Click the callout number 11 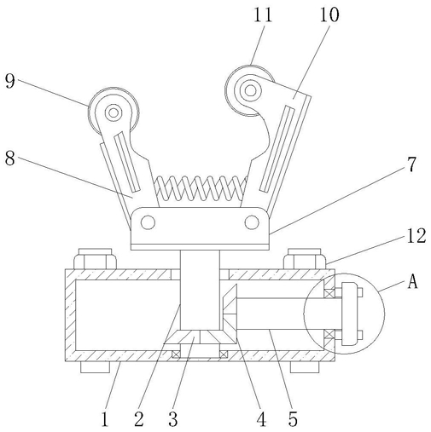263,14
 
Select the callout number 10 329,14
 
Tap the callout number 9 9,81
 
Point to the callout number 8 9,158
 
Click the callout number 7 411,164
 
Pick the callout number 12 416,236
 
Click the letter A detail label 412,282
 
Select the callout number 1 105,419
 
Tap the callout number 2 139,419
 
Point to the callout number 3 173,419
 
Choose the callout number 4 261,419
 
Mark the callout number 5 293,419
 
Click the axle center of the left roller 114,112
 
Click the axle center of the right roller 250,91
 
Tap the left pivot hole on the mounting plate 148,222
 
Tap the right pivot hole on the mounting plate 252,222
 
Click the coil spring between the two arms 201,188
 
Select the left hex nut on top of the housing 96,259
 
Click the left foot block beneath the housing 95,367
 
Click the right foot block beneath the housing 305,367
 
